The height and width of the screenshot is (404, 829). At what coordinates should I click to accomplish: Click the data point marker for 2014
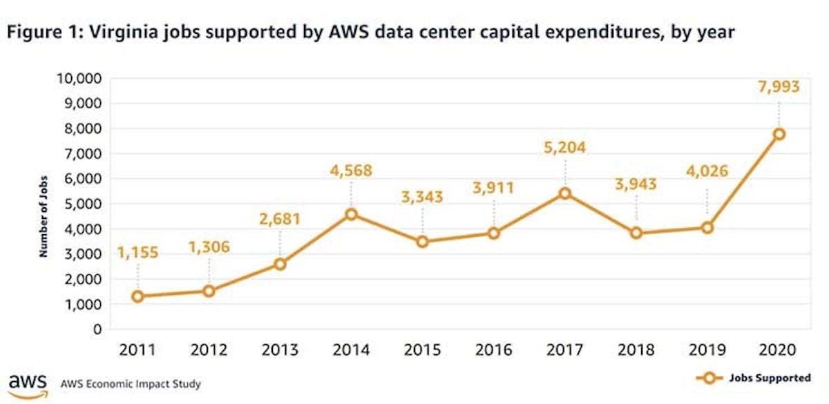(351, 214)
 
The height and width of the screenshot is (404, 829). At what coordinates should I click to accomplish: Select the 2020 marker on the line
(779, 134)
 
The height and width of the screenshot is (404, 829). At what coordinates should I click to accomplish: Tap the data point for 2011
(137, 296)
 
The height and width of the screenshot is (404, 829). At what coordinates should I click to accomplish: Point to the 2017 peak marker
(565, 193)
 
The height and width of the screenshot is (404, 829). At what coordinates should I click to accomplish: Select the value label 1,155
(137, 253)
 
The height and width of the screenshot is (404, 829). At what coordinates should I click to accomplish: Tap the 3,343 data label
(422, 197)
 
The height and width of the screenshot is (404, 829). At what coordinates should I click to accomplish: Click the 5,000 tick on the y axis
(82, 204)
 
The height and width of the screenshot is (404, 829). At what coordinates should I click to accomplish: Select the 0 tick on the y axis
(97, 329)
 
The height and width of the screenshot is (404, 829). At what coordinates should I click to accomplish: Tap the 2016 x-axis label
(493, 350)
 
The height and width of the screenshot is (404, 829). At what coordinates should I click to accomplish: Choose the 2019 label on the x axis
(707, 350)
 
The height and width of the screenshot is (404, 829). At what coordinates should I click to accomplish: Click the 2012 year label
(208, 350)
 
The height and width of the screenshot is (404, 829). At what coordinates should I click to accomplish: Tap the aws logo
(28, 385)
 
